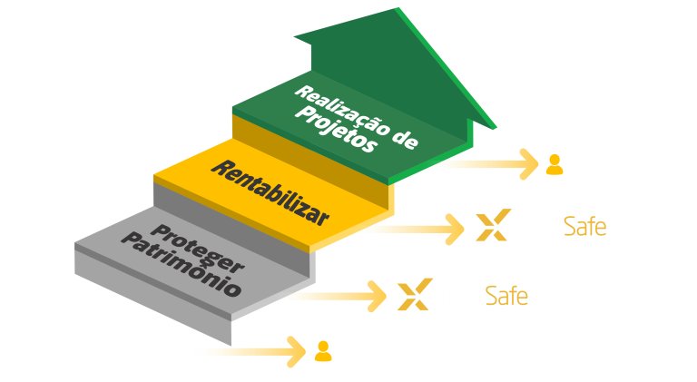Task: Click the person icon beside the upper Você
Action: tap(554, 164)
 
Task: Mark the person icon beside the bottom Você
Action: tap(322, 351)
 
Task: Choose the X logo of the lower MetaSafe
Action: tap(413, 295)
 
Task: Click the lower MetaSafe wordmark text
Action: tap(479, 295)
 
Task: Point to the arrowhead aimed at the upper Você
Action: tap(529, 165)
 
